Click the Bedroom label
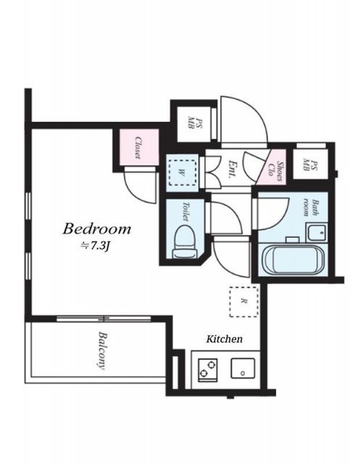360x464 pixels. [x=96, y=229]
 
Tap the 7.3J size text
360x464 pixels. [x=96, y=246]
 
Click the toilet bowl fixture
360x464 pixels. [x=185, y=241]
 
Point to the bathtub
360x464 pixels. [x=293, y=258]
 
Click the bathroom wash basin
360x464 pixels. [x=317, y=233]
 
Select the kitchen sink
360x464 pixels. [x=243, y=368]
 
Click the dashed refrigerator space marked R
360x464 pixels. [x=244, y=302]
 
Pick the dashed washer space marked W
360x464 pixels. [x=182, y=173]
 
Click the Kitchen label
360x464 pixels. [x=224, y=339]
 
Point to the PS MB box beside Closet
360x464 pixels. [x=194, y=124]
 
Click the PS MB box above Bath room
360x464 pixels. [x=310, y=164]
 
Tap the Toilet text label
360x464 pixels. [x=186, y=211]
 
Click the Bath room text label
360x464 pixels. [x=310, y=208]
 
